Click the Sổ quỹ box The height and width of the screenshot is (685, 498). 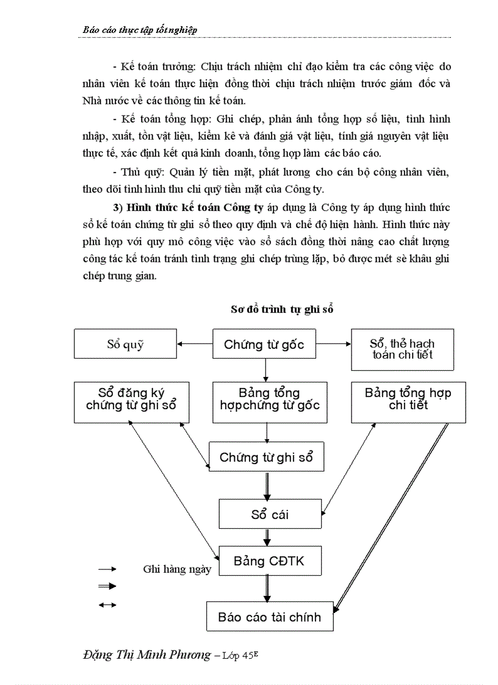point(125,344)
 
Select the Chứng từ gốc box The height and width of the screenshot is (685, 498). point(264,344)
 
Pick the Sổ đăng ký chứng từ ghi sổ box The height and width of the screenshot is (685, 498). point(131,402)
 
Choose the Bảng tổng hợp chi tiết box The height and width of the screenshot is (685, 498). point(408,402)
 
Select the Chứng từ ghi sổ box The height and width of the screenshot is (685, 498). point(266,457)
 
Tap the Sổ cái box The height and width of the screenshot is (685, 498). point(270,514)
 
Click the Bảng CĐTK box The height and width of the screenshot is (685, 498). point(269,561)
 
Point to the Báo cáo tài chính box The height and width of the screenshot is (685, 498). point(269,617)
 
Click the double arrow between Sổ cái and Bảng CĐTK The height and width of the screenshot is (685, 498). point(267,537)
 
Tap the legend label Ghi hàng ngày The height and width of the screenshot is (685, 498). point(177,569)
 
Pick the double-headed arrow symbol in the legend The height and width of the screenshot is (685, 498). point(107,604)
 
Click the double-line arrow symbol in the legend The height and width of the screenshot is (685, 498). point(107,586)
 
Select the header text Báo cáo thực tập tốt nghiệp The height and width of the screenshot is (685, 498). point(140,30)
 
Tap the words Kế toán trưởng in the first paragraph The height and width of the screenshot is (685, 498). point(152,66)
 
